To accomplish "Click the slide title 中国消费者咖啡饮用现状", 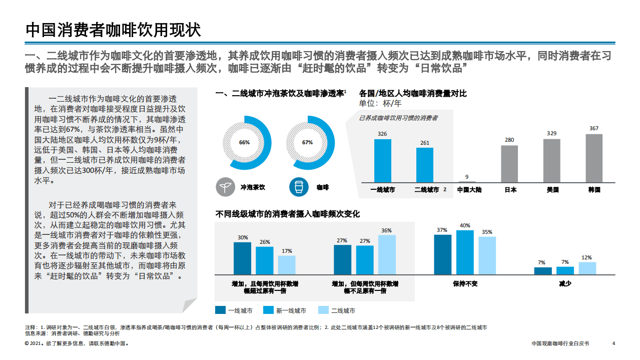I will pyautogui.click(x=114, y=30).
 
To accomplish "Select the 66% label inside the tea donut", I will pyautogui.click(x=244, y=142).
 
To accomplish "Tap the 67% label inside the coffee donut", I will pyautogui.click(x=307, y=142).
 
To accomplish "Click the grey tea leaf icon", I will pyautogui.click(x=225, y=187).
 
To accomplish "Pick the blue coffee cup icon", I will pyautogui.click(x=299, y=187).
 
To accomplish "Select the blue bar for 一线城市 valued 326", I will pyautogui.click(x=383, y=160).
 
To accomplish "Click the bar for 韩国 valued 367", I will pyautogui.click(x=594, y=158).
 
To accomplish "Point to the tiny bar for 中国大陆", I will pyautogui.click(x=467, y=182).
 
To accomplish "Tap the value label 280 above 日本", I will pyautogui.click(x=509, y=140).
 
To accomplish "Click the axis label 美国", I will pyautogui.click(x=552, y=190).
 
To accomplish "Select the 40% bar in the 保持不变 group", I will pyautogui.click(x=465, y=252).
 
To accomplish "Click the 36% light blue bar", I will pyautogui.click(x=386, y=254).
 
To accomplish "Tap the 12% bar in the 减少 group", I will pyautogui.click(x=587, y=268).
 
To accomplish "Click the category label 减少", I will pyautogui.click(x=565, y=284).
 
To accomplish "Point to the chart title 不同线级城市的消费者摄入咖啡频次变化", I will pyautogui.click(x=287, y=214).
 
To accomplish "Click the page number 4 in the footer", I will pyautogui.click(x=614, y=343).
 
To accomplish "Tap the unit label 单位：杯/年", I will pyautogui.click(x=380, y=104).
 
